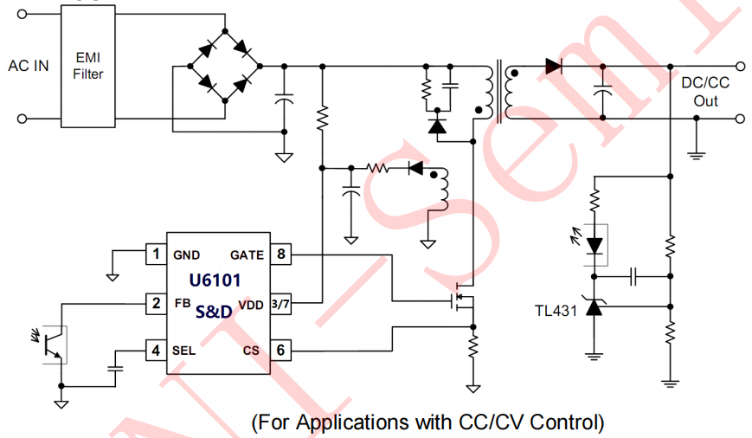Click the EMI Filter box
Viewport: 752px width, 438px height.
pos(87,65)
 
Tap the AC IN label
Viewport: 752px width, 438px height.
pos(29,66)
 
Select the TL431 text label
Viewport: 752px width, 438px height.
pos(556,311)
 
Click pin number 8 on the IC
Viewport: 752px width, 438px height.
pos(282,254)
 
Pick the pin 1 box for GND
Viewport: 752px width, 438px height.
pos(156,254)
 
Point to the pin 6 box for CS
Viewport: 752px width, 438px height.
pos(282,351)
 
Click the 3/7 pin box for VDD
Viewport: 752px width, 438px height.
pos(282,303)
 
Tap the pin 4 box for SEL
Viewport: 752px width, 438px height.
pos(156,351)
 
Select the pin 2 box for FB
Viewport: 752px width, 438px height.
pos(156,303)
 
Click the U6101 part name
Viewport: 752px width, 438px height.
pos(215,280)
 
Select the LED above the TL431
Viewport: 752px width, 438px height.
pos(594,245)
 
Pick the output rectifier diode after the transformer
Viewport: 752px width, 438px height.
pos(553,66)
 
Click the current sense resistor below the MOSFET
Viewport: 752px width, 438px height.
pos(472,349)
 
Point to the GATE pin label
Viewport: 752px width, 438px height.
pos(247,255)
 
